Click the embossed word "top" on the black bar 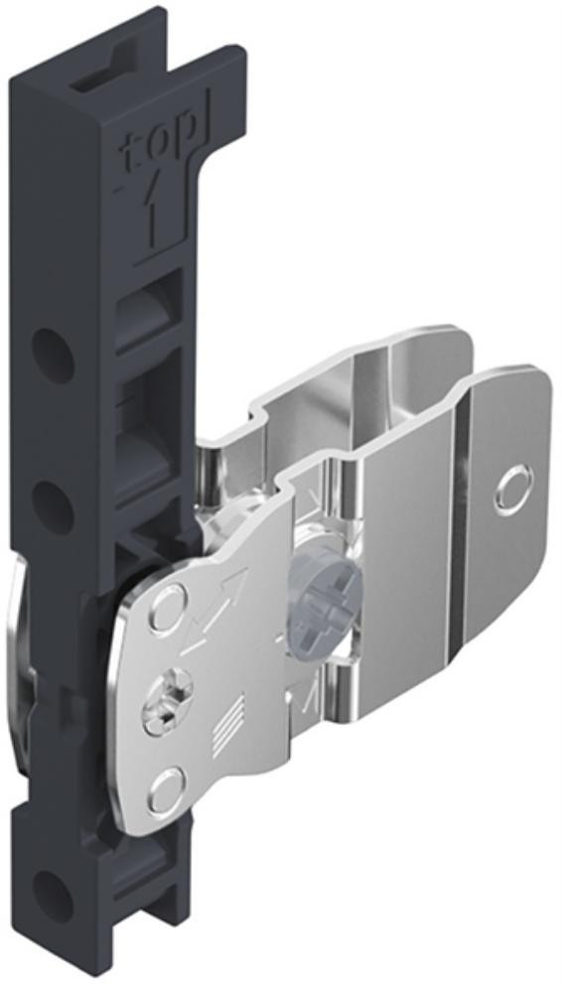coord(156,151)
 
